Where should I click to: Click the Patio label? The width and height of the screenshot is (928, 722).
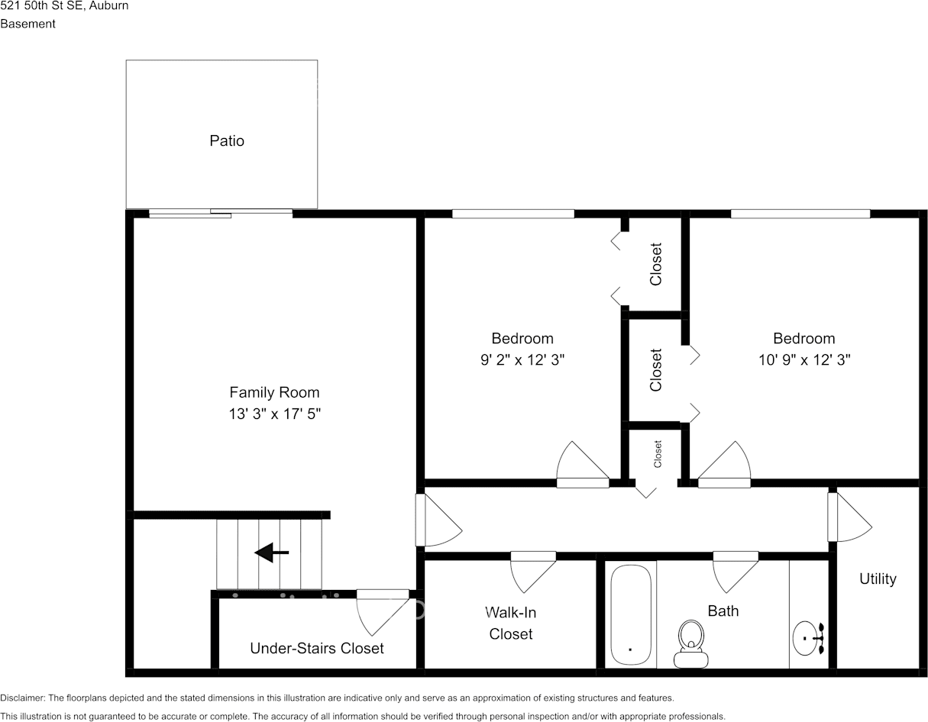pyautogui.click(x=227, y=140)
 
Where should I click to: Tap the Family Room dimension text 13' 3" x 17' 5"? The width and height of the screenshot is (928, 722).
pyautogui.click(x=274, y=414)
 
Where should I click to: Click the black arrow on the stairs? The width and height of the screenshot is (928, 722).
pyautogui.click(x=271, y=553)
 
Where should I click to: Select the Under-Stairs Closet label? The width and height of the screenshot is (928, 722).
pyautogui.click(x=316, y=648)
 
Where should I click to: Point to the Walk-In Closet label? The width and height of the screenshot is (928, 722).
pyautogui.click(x=510, y=623)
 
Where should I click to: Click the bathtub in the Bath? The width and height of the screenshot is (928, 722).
pyautogui.click(x=631, y=614)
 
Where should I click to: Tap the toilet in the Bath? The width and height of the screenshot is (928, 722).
pyautogui.click(x=690, y=643)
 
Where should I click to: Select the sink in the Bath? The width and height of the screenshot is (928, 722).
pyautogui.click(x=807, y=638)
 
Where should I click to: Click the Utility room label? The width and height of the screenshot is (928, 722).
pyautogui.click(x=878, y=579)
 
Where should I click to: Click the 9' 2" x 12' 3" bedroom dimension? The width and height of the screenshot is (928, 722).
pyautogui.click(x=522, y=359)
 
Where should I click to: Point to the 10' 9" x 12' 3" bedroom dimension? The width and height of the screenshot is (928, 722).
pyautogui.click(x=804, y=359)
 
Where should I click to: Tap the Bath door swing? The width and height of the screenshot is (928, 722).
pyautogui.click(x=735, y=570)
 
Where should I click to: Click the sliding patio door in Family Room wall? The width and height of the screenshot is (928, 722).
pyautogui.click(x=220, y=213)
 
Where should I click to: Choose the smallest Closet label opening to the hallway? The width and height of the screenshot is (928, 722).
pyautogui.click(x=658, y=454)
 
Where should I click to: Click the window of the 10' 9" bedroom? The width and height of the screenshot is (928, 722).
pyautogui.click(x=799, y=214)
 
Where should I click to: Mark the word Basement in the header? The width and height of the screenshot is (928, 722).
pyautogui.click(x=27, y=24)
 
